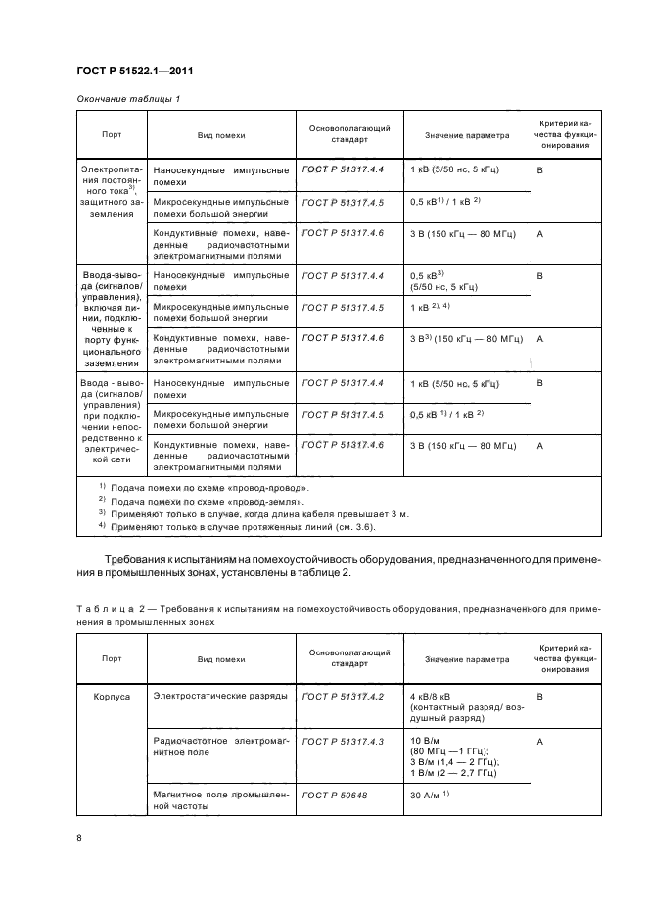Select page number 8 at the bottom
[79, 836]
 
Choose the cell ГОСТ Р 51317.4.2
[344, 695]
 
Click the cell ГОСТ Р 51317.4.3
[344, 741]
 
